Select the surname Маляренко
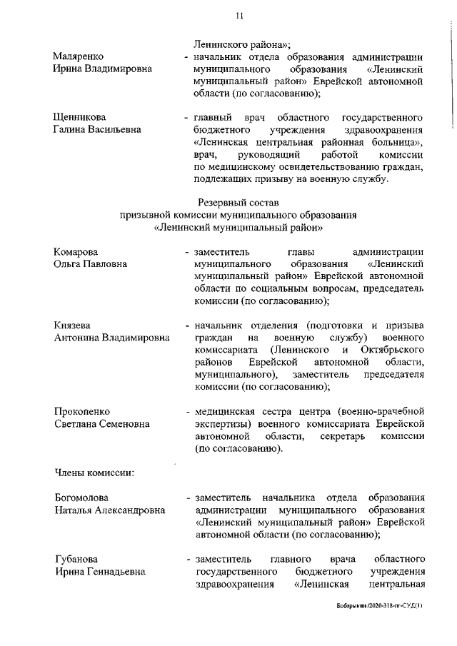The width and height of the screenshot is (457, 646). pos(79,56)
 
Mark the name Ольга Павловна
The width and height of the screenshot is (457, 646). pos(91,264)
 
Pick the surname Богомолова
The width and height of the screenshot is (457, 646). pos(85,498)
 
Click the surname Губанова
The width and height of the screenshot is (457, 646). pos(78,557)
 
